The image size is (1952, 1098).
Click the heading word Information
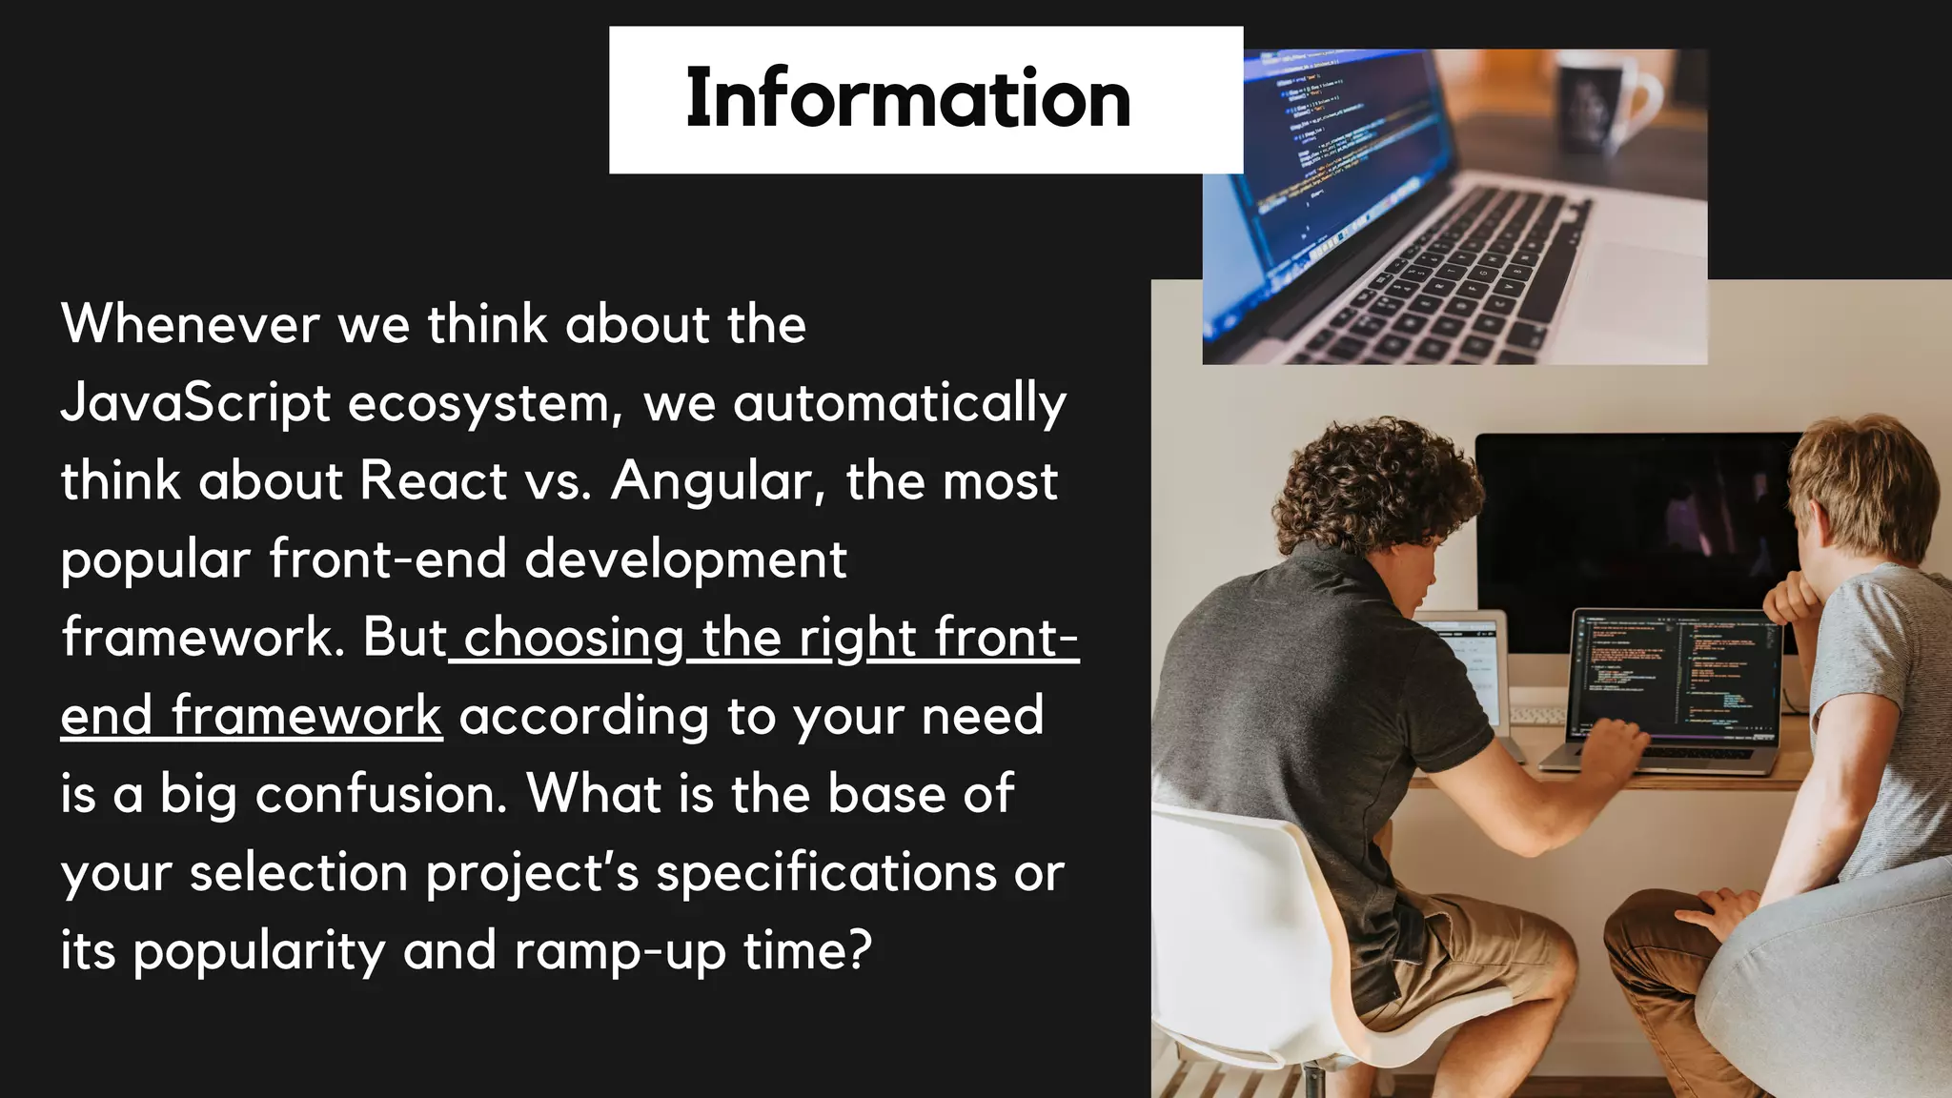[907, 99]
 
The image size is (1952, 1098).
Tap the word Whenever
[190, 324]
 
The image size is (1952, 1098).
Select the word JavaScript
[195, 403]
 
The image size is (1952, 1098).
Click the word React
[434, 480]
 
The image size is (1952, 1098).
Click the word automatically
[900, 403]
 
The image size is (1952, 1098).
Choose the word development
[685, 559]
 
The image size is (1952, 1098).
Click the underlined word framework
[306, 717]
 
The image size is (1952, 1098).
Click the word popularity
[258, 951]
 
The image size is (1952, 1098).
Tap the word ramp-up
[620, 951]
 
